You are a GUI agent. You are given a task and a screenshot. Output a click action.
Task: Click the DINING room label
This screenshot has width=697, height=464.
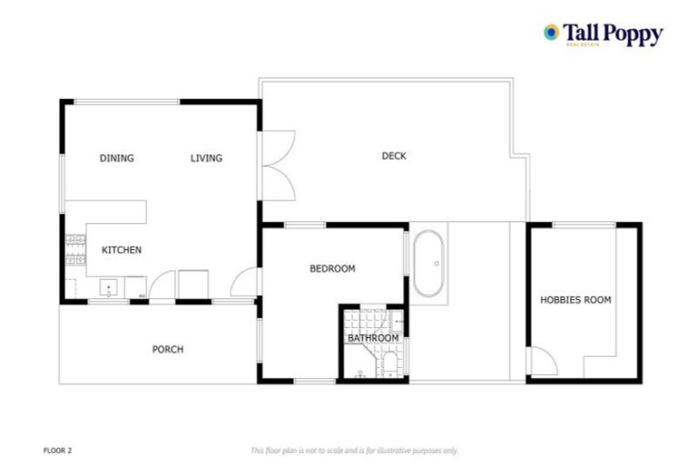(x=116, y=159)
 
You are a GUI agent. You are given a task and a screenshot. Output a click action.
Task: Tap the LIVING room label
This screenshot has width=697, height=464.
(x=206, y=159)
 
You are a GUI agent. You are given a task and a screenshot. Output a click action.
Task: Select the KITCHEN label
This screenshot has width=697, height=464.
(x=121, y=250)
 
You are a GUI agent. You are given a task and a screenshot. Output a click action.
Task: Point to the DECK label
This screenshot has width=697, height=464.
(x=394, y=156)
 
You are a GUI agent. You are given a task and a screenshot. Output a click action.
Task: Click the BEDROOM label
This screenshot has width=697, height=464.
(x=332, y=268)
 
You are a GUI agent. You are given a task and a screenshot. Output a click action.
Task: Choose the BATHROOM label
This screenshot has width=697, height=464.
(x=373, y=339)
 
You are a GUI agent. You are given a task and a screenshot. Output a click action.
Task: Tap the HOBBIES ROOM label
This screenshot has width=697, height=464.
(x=575, y=300)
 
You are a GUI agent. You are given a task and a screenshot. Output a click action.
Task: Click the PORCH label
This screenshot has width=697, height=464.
(x=168, y=349)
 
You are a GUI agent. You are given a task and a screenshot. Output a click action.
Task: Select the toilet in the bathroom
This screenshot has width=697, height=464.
(x=389, y=364)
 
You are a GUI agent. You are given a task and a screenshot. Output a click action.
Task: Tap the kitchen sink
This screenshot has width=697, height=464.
(x=109, y=289)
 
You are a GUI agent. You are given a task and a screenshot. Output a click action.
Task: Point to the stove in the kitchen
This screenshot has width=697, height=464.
(x=72, y=250)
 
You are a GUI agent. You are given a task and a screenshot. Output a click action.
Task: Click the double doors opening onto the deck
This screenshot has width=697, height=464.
(x=277, y=166)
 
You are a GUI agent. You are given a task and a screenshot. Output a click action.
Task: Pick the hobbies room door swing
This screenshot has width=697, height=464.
(x=543, y=364)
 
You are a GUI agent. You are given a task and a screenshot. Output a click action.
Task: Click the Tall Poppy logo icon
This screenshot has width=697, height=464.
(x=551, y=33)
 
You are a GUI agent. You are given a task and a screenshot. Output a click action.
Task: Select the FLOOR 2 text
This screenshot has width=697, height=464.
(x=56, y=449)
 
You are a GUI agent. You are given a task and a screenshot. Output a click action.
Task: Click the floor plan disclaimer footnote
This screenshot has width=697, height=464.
(x=354, y=450)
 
